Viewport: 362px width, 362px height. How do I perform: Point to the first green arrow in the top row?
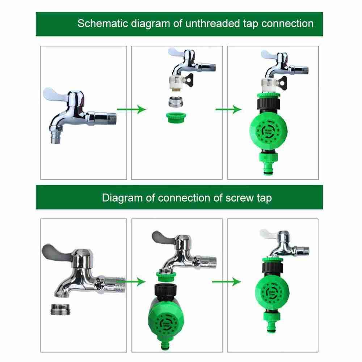(131, 109)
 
